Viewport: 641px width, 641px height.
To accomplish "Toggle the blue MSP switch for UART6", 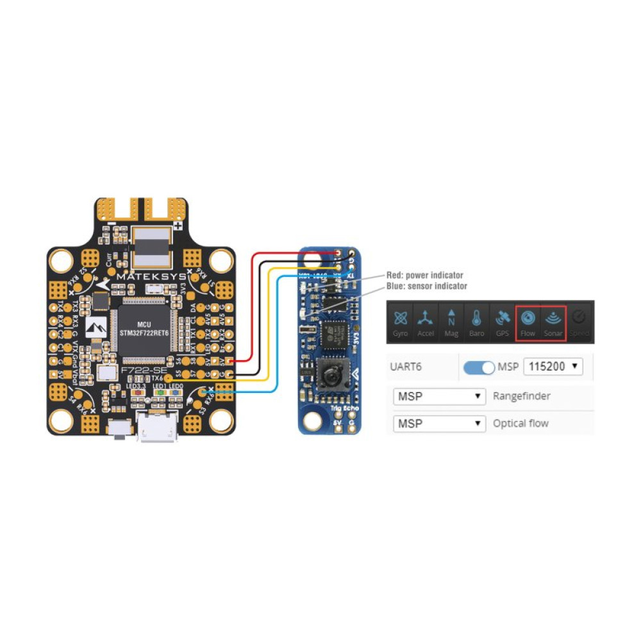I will tap(479, 367).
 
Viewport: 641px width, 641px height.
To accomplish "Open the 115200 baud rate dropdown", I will tap(553, 367).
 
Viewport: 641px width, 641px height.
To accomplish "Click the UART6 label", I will tap(406, 367).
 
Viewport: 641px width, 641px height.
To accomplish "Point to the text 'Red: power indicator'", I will tap(424, 275).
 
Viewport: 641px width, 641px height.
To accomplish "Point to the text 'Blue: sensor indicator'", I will tap(426, 286).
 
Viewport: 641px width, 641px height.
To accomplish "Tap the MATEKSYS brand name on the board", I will tap(152, 276).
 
